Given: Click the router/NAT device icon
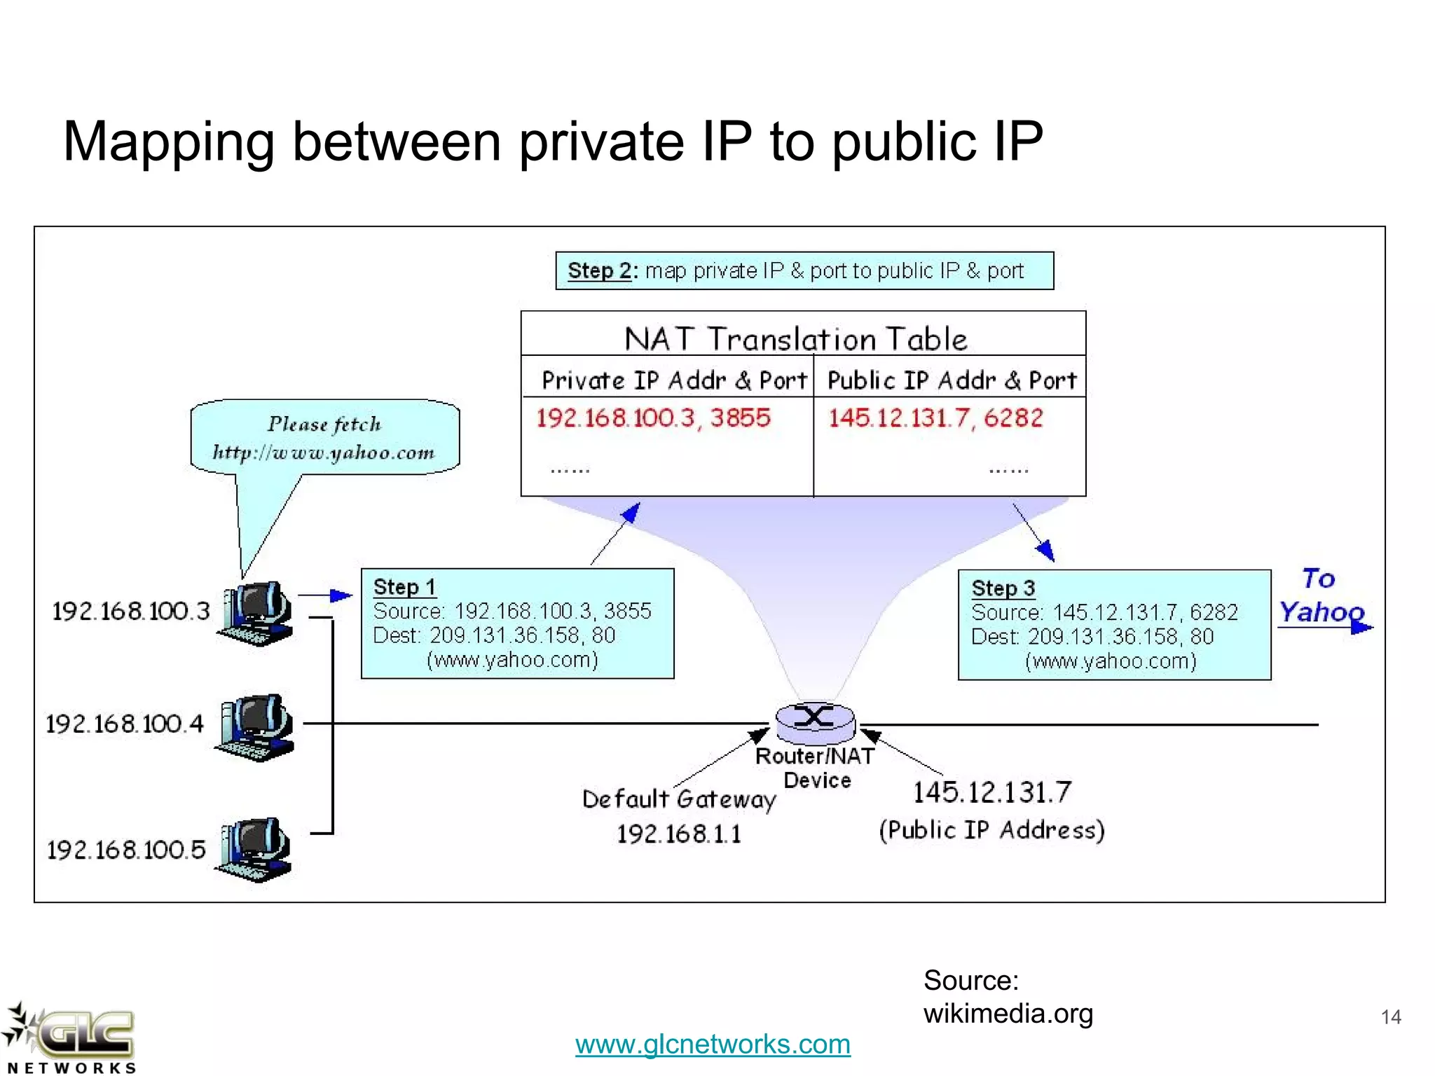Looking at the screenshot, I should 815,722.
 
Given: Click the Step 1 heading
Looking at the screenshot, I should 404,586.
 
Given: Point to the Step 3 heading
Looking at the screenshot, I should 1003,588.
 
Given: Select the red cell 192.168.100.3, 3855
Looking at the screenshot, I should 653,418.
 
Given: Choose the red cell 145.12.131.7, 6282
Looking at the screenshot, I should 935,418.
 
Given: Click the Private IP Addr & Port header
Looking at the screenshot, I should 674,380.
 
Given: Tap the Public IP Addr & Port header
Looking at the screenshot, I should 952,380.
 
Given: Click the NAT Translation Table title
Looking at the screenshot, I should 795,339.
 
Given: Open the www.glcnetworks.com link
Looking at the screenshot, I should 713,1044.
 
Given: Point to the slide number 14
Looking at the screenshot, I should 1391,1016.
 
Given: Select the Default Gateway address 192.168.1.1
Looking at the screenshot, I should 678,834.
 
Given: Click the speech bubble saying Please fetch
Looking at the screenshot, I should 324,438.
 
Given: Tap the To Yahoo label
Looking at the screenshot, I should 1321,596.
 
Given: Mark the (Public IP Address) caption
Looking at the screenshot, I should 991,830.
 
